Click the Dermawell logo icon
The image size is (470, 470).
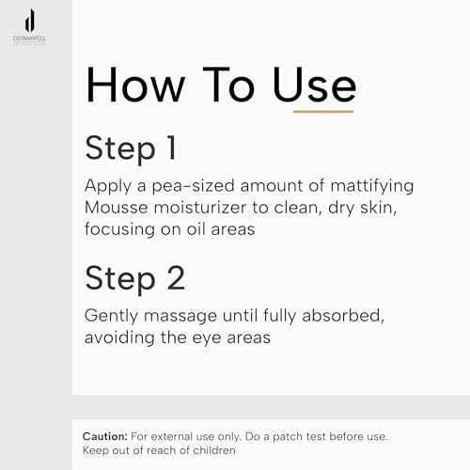point(30,21)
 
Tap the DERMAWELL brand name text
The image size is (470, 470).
point(29,39)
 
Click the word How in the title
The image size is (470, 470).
point(135,85)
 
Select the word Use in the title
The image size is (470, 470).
point(314,85)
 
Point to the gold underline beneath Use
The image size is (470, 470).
point(323,111)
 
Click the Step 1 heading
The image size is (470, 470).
point(131,149)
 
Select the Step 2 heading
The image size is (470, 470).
point(135,278)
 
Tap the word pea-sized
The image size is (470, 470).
point(193,186)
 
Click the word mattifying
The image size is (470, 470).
point(372,186)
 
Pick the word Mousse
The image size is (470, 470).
point(117,208)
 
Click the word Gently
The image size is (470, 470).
point(111,316)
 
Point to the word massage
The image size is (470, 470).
point(180,317)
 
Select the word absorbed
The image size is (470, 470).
point(343,316)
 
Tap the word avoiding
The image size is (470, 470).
point(119,338)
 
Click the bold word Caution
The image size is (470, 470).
point(105,436)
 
